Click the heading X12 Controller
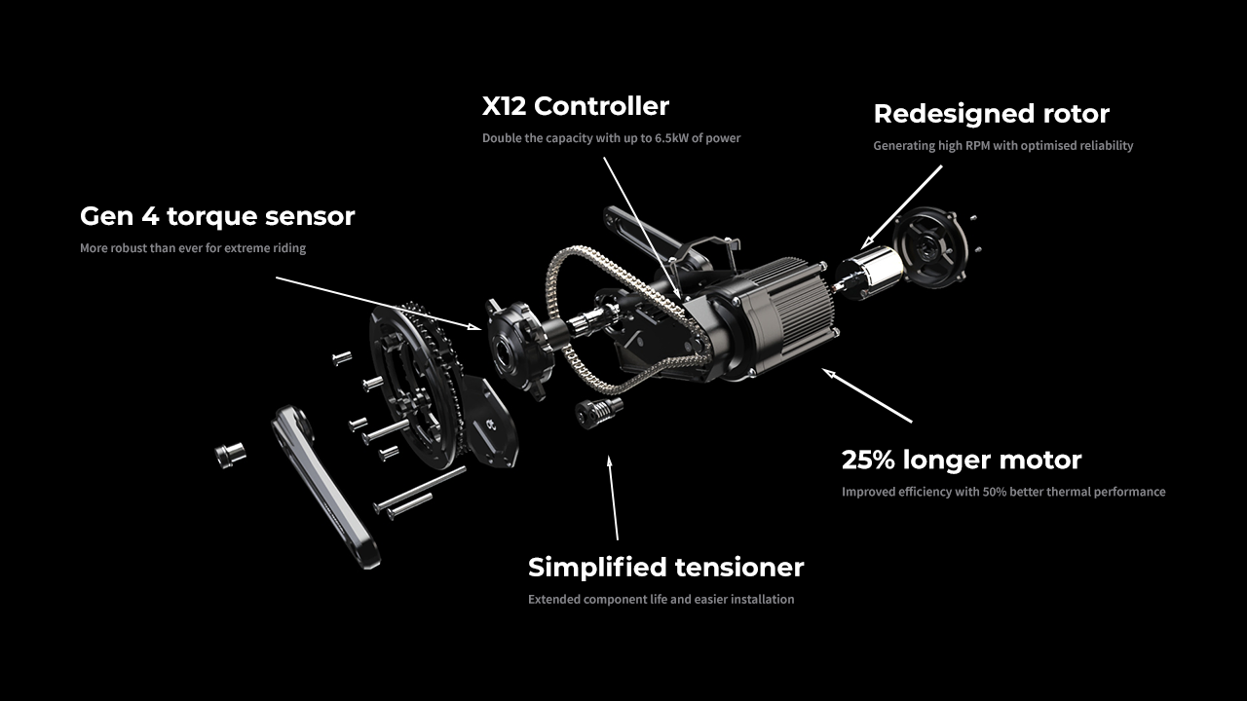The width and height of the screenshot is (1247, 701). (576, 105)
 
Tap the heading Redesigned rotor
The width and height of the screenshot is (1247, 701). (991, 114)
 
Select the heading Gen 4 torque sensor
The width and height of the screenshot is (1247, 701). (217, 216)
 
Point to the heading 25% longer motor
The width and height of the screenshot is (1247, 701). (962, 460)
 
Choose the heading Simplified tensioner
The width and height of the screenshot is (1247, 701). (665, 567)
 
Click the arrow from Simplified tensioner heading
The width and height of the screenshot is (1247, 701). (614, 497)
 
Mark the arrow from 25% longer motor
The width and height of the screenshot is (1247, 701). (867, 394)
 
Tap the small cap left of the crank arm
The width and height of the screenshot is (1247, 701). (230, 453)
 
